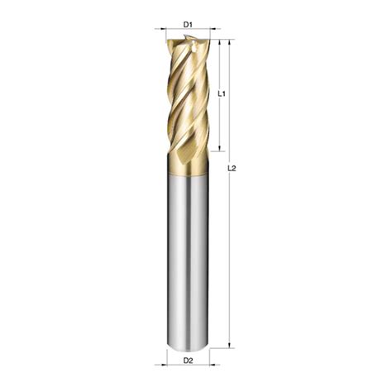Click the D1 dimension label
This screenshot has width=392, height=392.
(x=188, y=25)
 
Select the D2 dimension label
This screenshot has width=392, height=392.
(x=188, y=361)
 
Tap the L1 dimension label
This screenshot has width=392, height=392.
(x=222, y=95)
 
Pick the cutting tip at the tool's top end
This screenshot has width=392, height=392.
(x=188, y=41)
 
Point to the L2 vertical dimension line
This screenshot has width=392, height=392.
(x=230, y=248)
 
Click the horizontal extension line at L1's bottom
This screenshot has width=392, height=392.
(x=214, y=154)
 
